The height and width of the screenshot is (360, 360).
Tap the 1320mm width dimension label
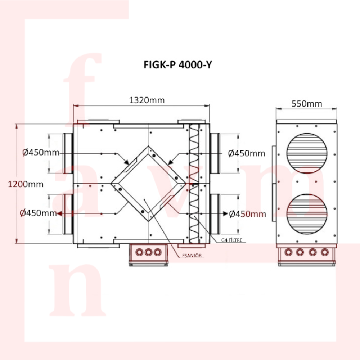tap(147, 100)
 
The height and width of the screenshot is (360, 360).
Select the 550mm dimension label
tap(307, 104)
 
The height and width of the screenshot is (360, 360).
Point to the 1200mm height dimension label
tap(26, 184)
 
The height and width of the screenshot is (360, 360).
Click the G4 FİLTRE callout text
tap(231, 240)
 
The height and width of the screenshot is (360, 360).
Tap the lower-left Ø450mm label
tap(39, 213)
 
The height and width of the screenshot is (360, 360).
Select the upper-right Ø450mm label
tap(247, 153)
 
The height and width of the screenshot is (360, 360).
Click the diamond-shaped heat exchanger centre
tap(148, 184)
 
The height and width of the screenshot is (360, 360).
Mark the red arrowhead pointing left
tap(59, 213)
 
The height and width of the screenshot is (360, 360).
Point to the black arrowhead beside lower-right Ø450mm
tap(225, 213)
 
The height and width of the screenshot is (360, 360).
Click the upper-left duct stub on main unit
tap(68, 153)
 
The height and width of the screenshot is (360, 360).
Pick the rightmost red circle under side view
tap(325, 252)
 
